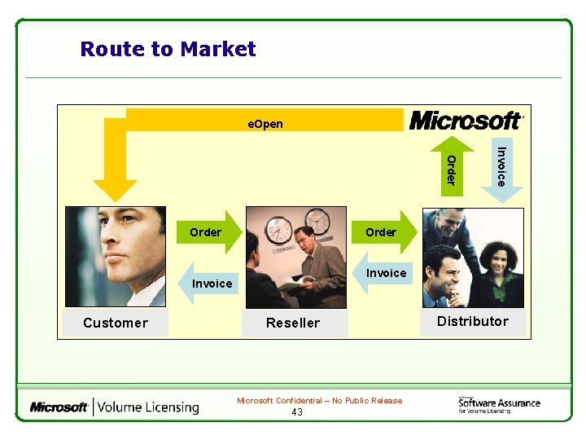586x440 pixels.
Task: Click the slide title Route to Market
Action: [168, 50]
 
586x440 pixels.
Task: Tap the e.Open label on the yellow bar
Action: [265, 124]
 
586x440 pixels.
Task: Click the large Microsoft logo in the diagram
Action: [466, 121]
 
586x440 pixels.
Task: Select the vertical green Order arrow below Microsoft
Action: [452, 168]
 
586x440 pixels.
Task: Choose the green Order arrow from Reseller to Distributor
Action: [387, 232]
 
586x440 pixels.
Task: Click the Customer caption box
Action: [116, 323]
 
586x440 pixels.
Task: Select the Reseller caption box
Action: [294, 323]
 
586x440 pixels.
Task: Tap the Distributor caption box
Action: [473, 321]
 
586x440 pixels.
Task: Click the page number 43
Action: [297, 412]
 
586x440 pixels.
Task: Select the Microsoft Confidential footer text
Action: [319, 401]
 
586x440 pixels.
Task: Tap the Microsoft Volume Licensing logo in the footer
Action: [115, 407]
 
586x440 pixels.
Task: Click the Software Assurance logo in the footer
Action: [498, 404]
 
